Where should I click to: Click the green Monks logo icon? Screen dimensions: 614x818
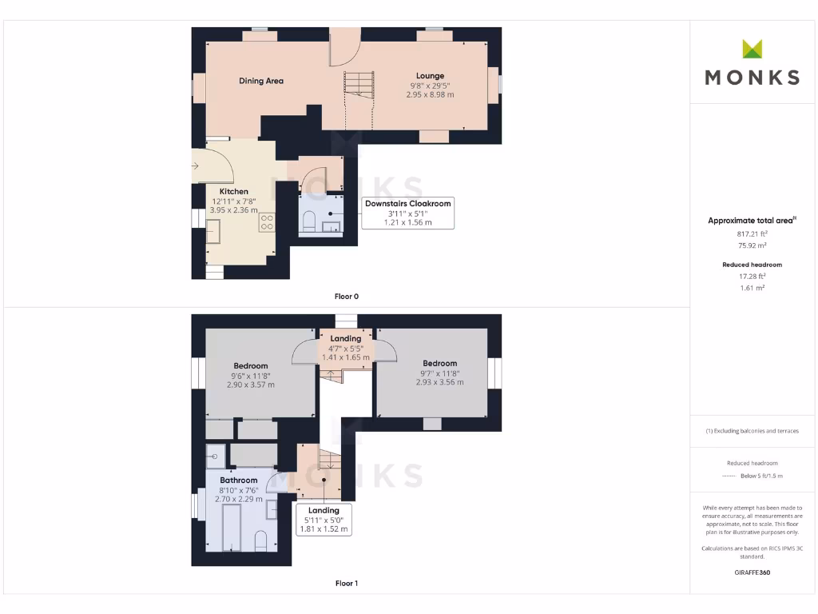click(752, 49)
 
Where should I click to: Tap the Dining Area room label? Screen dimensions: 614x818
click(261, 81)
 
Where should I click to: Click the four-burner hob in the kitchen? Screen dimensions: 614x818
click(266, 223)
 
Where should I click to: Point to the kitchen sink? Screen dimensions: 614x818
click(213, 231)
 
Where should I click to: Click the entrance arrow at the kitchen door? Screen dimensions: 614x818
click(197, 166)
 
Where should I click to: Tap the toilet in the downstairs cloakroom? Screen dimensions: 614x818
click(310, 221)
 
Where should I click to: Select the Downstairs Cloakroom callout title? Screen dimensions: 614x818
click(407, 204)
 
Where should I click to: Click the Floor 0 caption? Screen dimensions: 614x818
click(346, 297)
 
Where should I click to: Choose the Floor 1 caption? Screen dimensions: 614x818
click(346, 584)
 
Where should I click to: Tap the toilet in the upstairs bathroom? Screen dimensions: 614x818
click(260, 540)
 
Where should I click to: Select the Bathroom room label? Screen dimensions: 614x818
click(239, 480)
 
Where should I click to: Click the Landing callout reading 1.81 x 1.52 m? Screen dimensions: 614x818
click(324, 528)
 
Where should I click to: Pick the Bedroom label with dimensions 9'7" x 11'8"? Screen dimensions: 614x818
click(439, 364)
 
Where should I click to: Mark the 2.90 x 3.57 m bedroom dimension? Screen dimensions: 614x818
click(250, 385)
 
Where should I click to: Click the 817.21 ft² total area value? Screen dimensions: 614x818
click(752, 234)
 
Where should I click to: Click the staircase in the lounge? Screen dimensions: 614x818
click(359, 84)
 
